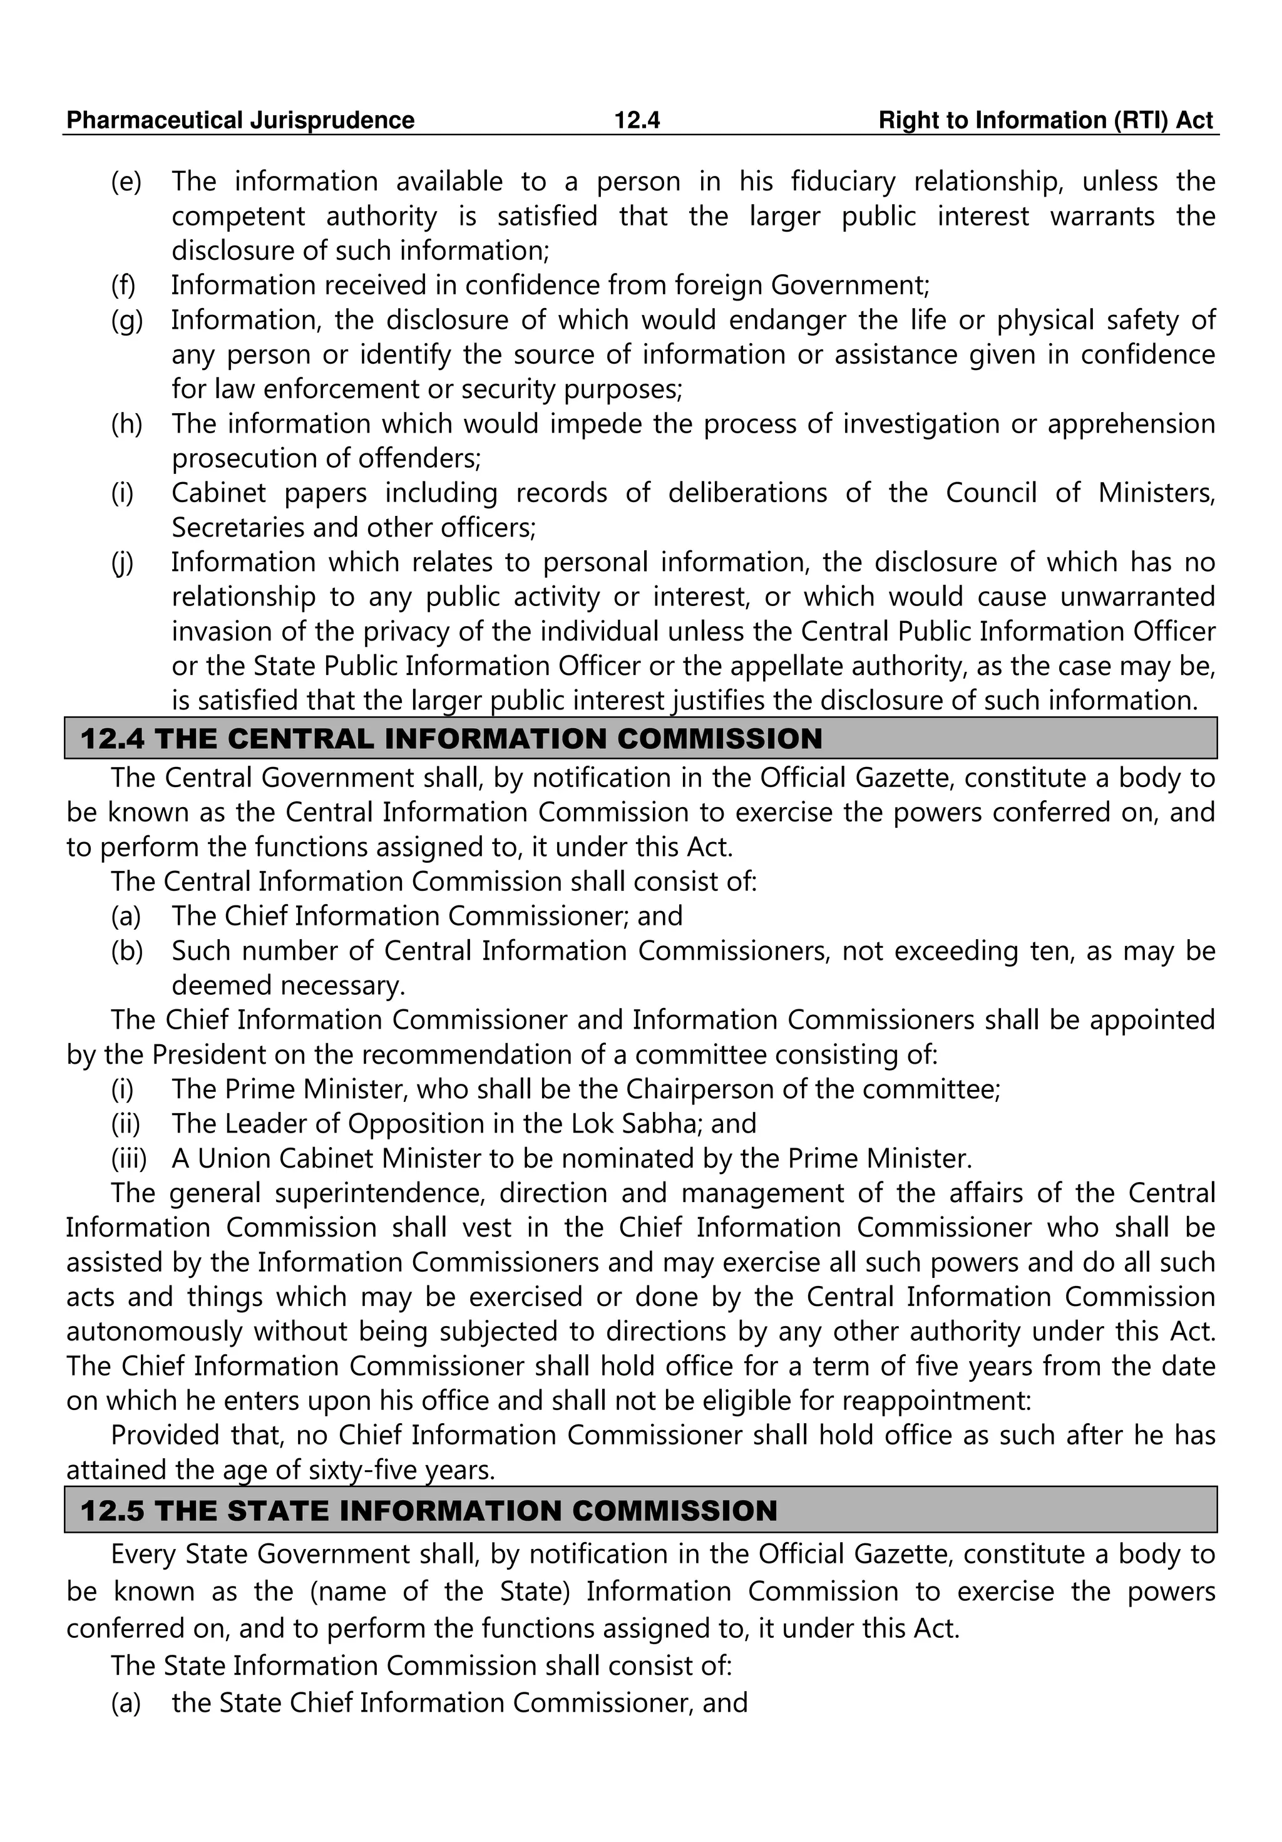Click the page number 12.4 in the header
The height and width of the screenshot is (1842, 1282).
[636, 120]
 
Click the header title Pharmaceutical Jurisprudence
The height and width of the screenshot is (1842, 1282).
[240, 120]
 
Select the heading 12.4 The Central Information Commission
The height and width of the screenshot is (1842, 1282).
[452, 738]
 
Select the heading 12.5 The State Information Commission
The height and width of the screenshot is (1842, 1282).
[429, 1511]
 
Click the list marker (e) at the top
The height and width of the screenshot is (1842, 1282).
[126, 182]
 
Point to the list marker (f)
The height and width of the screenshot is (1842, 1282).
[123, 286]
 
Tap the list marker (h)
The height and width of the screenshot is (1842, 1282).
[126, 424]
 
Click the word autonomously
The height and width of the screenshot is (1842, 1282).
[154, 1332]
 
